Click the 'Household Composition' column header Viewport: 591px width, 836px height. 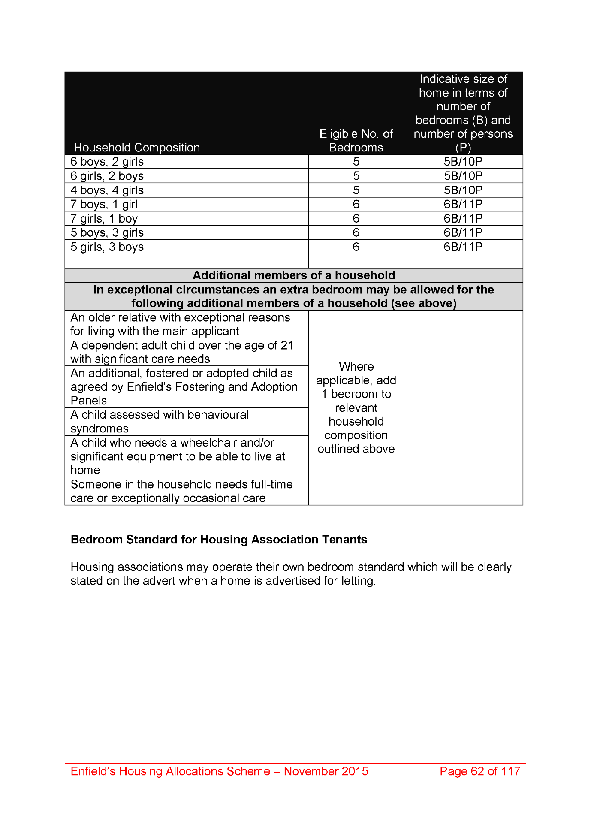(137, 148)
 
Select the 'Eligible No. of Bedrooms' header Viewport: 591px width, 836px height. (356, 141)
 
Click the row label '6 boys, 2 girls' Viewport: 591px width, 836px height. (107, 162)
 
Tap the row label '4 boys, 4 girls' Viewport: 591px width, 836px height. (107, 190)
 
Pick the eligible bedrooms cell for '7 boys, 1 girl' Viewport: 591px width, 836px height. (356, 204)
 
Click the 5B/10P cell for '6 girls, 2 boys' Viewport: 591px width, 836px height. (463, 176)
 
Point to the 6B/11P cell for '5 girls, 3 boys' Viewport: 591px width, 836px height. (463, 247)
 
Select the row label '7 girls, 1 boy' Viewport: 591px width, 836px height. (104, 219)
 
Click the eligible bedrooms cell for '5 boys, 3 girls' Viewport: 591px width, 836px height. (356, 233)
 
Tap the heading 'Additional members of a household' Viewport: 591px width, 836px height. (294, 275)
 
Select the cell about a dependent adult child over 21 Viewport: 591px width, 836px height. (182, 352)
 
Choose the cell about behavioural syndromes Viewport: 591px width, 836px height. (160, 422)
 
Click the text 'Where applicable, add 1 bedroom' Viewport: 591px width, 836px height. (356, 380)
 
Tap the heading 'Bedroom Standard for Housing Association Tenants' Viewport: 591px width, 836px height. (219, 540)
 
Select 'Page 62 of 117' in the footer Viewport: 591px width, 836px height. (480, 771)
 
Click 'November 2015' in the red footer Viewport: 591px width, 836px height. (326, 771)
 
